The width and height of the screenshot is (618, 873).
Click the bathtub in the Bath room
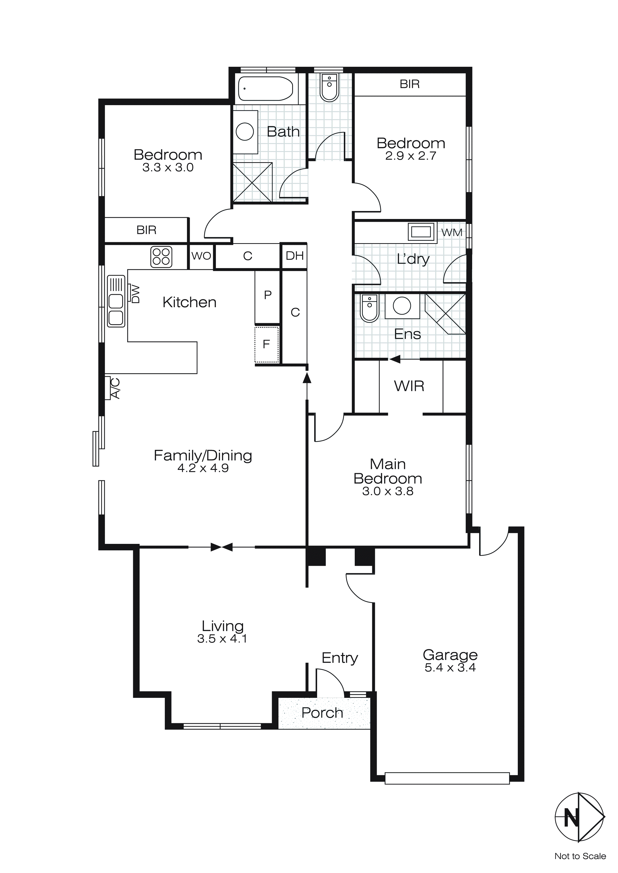(x=265, y=89)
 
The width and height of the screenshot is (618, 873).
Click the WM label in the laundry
(x=452, y=232)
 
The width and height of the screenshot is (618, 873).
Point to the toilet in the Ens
(x=369, y=308)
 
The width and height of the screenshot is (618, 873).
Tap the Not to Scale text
(x=580, y=856)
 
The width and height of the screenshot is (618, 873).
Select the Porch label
(x=322, y=713)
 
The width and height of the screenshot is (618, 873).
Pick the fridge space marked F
(x=266, y=344)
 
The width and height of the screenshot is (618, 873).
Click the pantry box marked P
(x=267, y=295)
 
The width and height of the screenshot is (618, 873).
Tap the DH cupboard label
(x=294, y=256)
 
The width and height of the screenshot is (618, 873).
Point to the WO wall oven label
(x=201, y=256)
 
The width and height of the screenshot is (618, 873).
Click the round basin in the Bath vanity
(x=245, y=132)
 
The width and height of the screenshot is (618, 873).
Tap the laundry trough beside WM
(x=421, y=231)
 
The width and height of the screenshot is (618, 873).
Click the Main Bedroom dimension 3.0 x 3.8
(x=387, y=491)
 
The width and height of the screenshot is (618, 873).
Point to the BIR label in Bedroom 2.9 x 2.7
(x=409, y=84)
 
